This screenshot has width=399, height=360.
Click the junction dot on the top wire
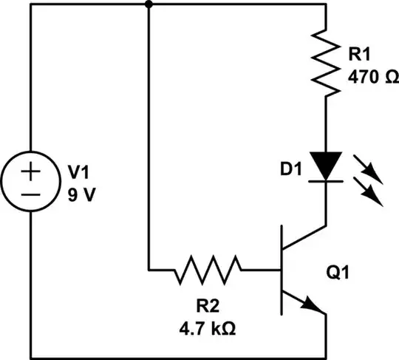[149, 4]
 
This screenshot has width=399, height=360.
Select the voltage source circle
[30, 180]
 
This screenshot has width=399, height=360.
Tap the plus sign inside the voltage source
[30, 171]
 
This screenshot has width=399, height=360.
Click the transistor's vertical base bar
[282, 270]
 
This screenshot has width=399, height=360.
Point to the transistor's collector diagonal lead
[304, 240]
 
